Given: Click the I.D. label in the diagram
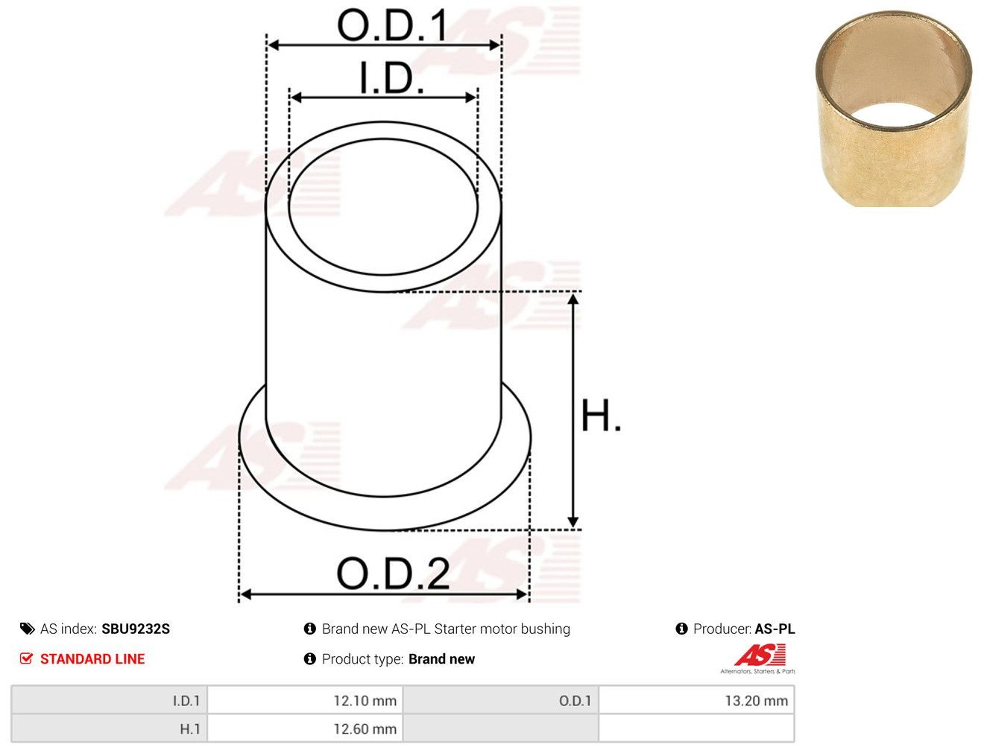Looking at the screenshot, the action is [x=391, y=77].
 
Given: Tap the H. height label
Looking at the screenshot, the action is [x=601, y=416].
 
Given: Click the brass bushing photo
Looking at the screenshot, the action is [x=894, y=109].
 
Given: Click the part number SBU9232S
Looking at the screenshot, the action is [x=136, y=629].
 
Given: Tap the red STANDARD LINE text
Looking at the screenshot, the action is [x=92, y=658].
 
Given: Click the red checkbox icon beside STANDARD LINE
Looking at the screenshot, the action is [x=26, y=658].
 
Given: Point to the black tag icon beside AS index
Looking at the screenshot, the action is [x=27, y=629].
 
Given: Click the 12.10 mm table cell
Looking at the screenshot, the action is [x=305, y=701].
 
